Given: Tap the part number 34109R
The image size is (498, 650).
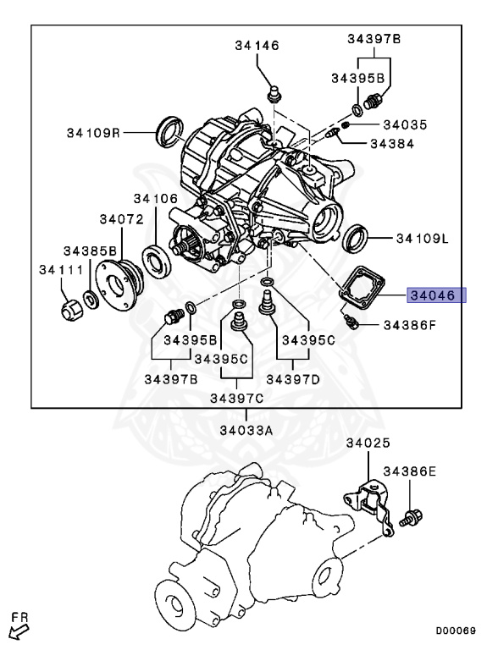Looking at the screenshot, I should click(x=95, y=132).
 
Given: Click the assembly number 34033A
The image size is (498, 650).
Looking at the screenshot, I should click(x=246, y=429).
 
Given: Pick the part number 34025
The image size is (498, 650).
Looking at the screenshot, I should click(x=368, y=443).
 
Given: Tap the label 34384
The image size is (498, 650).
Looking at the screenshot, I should click(x=391, y=143).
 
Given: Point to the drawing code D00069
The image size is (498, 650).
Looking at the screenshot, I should click(x=456, y=631).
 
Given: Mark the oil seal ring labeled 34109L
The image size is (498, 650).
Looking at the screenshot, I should click(x=355, y=239).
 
